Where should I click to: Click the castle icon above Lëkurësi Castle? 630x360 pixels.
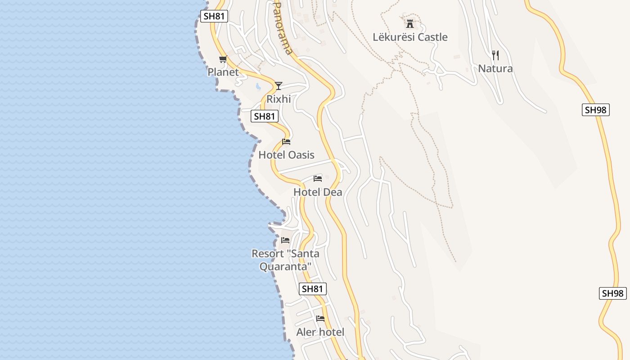[x=409, y=23]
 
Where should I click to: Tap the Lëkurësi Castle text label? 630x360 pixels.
[x=410, y=37]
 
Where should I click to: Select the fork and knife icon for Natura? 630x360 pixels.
[x=495, y=55]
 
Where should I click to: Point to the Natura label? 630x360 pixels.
[x=495, y=68]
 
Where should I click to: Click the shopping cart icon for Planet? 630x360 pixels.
[x=223, y=59]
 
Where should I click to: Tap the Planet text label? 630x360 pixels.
[x=223, y=72]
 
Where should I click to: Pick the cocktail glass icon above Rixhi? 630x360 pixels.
[x=279, y=85]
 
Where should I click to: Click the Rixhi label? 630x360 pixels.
[x=279, y=99]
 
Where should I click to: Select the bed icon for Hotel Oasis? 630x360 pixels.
[x=286, y=142]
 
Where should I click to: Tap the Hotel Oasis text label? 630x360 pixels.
[x=286, y=155]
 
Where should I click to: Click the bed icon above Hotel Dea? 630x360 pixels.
[x=318, y=179]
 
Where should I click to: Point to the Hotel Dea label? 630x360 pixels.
[x=318, y=192]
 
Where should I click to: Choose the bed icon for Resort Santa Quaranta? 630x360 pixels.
[x=285, y=240]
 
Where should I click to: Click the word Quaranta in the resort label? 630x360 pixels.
[x=285, y=266]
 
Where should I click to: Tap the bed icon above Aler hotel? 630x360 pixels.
[x=320, y=319]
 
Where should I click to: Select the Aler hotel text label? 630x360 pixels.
[x=320, y=332]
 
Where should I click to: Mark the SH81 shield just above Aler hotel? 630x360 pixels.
[x=313, y=289]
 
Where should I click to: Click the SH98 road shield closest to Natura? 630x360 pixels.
[x=596, y=110]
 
